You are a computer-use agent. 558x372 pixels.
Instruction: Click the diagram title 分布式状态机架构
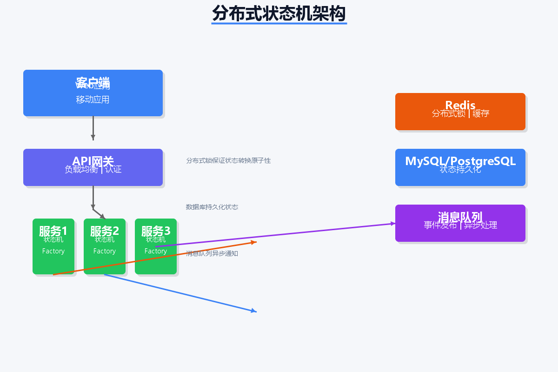coord(279,13)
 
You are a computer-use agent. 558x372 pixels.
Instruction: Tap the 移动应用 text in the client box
coord(93,100)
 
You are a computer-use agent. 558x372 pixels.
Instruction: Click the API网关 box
coord(93,179)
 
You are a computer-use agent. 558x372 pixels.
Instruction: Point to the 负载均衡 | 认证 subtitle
coord(93,170)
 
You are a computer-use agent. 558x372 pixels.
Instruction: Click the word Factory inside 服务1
coord(53,251)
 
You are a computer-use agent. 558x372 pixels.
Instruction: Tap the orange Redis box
coord(460,123)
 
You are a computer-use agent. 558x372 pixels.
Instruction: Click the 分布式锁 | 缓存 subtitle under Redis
coord(460,113)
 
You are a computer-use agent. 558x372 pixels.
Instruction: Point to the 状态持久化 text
coord(460,170)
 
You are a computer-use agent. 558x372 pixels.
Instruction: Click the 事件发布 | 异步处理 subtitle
coord(460,226)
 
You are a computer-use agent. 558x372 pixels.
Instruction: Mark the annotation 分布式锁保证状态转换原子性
coord(228,160)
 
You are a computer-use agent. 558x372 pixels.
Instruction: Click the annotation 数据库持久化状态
coord(212,207)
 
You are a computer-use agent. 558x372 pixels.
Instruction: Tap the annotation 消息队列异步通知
coord(212,253)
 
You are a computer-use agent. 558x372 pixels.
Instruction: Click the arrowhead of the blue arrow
coord(254,311)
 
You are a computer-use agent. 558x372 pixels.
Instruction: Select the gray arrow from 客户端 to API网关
coord(93,126)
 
